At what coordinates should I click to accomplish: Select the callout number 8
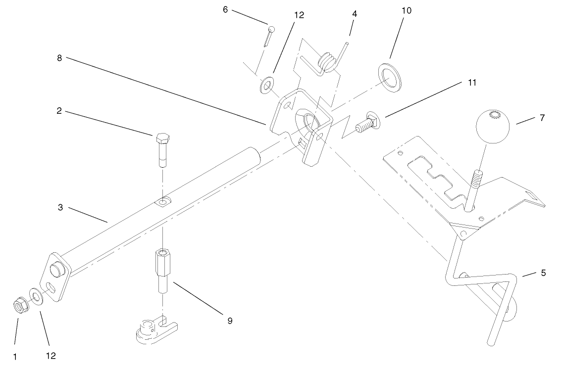coord(60,57)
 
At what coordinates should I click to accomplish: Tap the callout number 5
coord(543,273)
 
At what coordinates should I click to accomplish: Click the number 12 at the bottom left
coord(51,356)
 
